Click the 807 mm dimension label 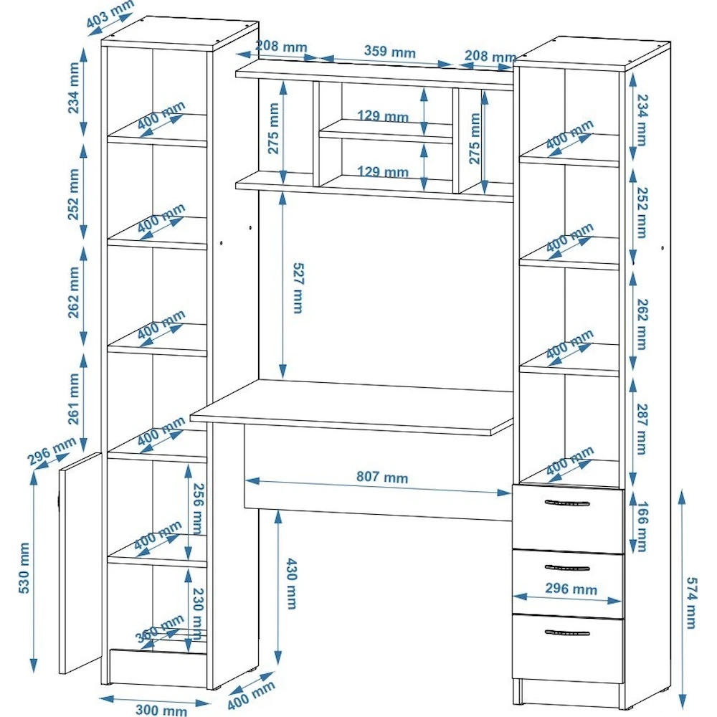[382, 477]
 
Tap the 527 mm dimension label [298, 288]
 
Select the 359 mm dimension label [389, 51]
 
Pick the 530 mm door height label [24, 568]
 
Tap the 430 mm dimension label [291, 584]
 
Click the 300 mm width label [161, 710]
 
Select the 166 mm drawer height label [642, 526]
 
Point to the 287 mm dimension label [642, 429]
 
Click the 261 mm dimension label [73, 399]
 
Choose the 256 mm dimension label [197, 508]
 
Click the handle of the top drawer [567, 503]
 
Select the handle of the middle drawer [567, 568]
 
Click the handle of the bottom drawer [567, 633]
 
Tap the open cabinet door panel [80, 562]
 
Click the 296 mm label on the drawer [571, 589]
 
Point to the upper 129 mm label [383, 115]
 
